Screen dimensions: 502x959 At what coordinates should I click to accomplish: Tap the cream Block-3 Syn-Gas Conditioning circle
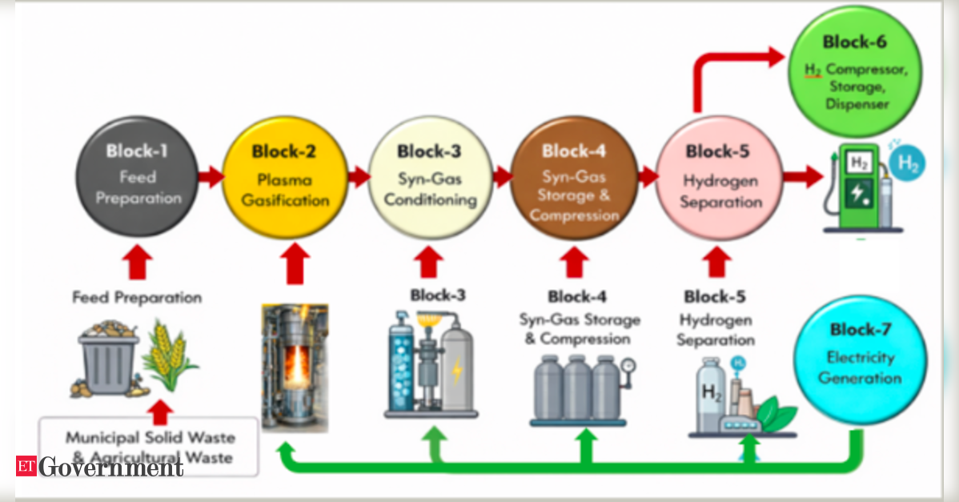pyautogui.click(x=430, y=178)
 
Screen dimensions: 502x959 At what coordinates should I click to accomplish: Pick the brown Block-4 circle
pyautogui.click(x=573, y=178)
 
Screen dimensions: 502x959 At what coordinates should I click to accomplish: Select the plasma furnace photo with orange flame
pyautogui.click(x=295, y=367)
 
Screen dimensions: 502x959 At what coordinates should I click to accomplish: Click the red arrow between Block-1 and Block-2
pyautogui.click(x=211, y=177)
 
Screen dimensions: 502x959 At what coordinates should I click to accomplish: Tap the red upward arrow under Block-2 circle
pyautogui.click(x=295, y=263)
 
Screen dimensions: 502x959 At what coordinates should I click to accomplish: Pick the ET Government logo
pyautogui.click(x=99, y=467)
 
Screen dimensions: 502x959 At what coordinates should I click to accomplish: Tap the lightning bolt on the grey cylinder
pyautogui.click(x=457, y=371)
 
